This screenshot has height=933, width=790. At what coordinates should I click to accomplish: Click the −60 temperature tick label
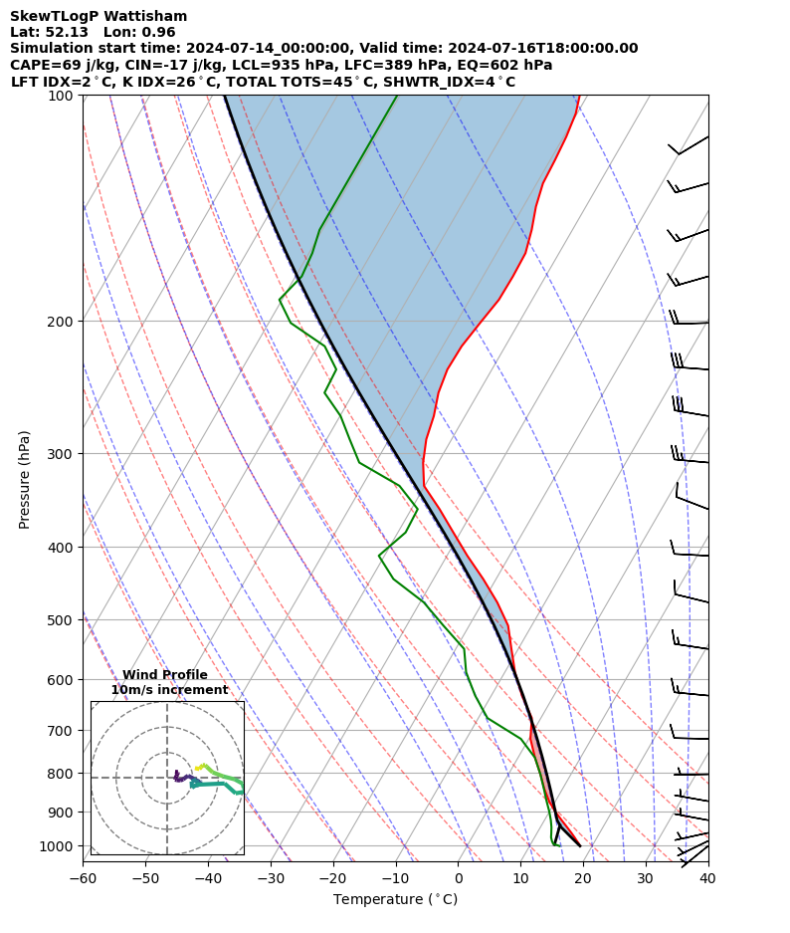click(82, 878)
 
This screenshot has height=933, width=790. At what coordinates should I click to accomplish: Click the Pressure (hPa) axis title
click(25, 479)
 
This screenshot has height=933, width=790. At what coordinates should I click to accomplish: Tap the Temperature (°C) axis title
click(395, 900)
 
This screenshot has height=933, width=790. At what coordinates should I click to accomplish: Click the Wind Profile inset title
click(165, 675)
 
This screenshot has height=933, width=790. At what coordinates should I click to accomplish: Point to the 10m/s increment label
click(169, 690)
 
